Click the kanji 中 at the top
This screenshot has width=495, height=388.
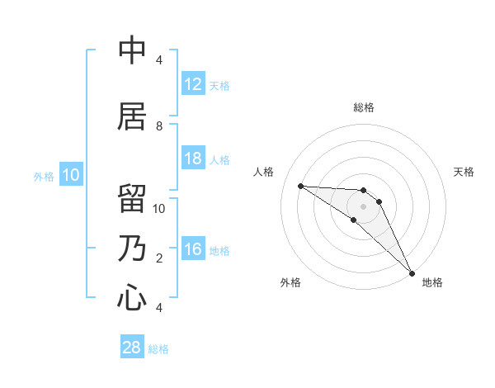(x=132, y=51)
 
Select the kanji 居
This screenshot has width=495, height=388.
(x=132, y=117)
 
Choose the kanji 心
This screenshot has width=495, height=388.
(x=132, y=298)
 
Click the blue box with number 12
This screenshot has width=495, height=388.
(x=193, y=84)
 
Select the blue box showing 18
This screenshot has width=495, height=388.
(x=193, y=159)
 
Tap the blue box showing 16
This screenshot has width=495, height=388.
(x=193, y=249)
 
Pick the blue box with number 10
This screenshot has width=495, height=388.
(x=71, y=175)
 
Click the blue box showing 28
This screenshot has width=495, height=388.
(x=132, y=348)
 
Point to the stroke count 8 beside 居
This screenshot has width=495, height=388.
(x=159, y=125)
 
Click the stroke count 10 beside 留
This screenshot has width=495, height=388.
(x=159, y=208)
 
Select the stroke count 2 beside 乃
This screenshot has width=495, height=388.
(x=159, y=258)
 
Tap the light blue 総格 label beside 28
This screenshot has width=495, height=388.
(x=158, y=349)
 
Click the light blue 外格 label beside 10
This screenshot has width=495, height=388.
(x=44, y=177)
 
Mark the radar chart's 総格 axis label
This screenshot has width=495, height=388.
(x=364, y=107)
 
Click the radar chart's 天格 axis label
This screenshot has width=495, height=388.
(x=464, y=172)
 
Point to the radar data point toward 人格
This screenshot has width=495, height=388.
(x=300, y=186)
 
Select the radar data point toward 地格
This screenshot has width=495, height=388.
(x=412, y=272)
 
